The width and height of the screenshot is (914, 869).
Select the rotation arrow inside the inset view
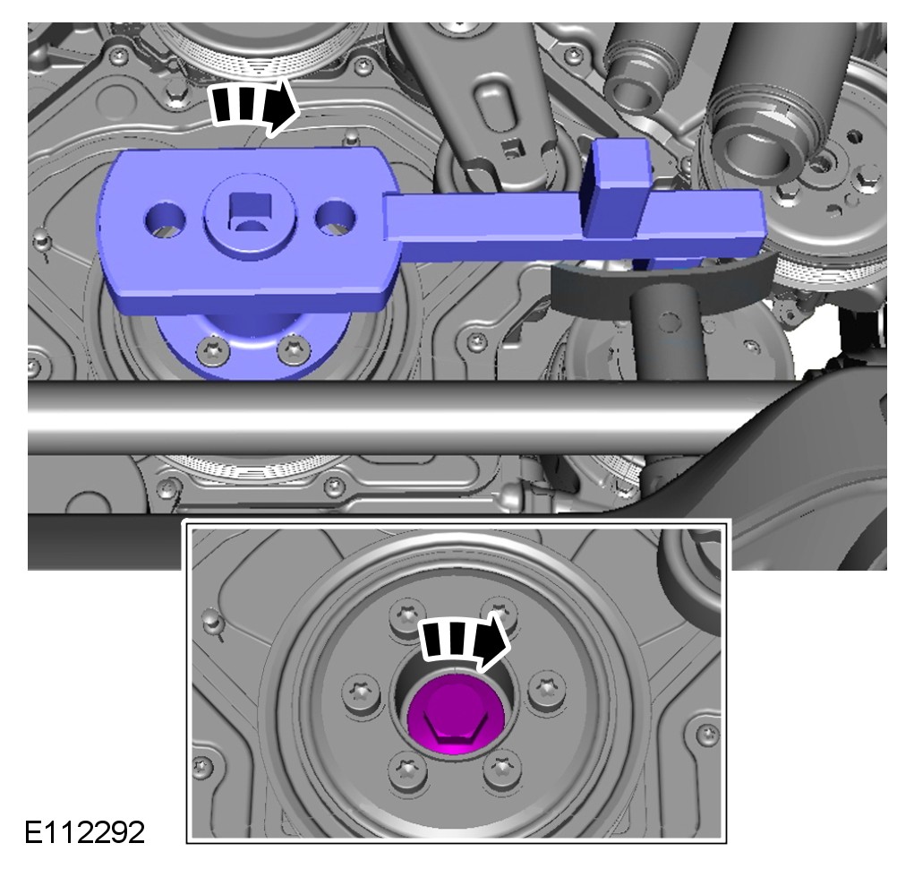[465, 641]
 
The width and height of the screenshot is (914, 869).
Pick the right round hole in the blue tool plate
[335, 218]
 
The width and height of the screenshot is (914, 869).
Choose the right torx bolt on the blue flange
[294, 349]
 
